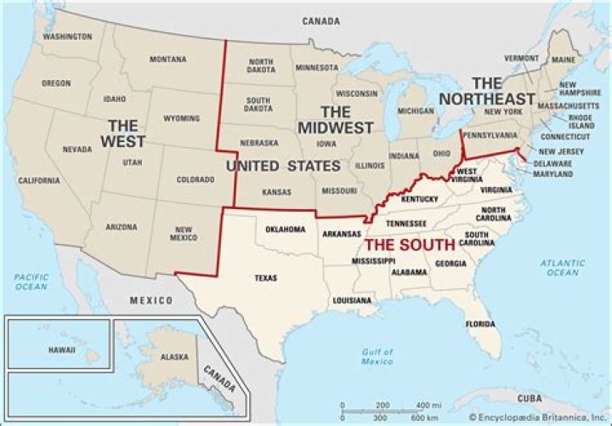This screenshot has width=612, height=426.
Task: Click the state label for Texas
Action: [x=266, y=277]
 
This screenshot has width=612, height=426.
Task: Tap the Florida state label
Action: [x=479, y=324]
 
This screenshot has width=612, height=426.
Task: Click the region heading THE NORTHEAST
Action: [x=487, y=91]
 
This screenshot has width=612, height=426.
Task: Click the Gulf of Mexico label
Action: [x=375, y=356]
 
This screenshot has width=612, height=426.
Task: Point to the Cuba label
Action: [x=530, y=397]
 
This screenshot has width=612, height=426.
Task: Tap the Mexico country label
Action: [x=150, y=301]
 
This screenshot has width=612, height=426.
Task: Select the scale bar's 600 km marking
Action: [x=418, y=417]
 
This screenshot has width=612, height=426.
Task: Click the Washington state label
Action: [x=67, y=37]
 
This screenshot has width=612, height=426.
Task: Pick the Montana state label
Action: [x=167, y=59]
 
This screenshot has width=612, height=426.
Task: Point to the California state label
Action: [x=39, y=180]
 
